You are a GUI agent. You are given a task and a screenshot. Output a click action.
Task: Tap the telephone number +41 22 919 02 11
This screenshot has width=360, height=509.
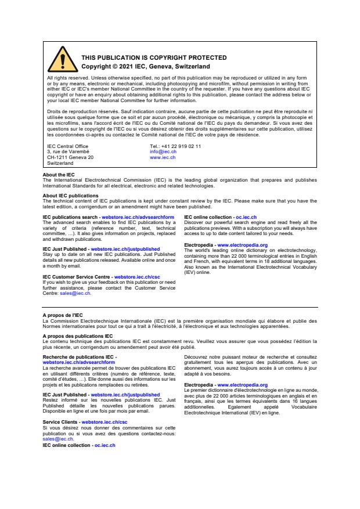point(175,146)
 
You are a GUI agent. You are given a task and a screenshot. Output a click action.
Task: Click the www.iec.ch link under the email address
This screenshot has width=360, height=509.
point(163,157)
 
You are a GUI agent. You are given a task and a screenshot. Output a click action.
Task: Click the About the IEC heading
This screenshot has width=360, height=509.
point(59,175)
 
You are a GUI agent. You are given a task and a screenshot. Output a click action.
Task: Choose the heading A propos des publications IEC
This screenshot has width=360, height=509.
point(78,335)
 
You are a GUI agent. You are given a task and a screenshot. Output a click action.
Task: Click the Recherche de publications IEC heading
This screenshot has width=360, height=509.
point(79,356)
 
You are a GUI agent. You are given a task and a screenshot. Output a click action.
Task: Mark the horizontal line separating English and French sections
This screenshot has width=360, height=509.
point(180,306)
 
